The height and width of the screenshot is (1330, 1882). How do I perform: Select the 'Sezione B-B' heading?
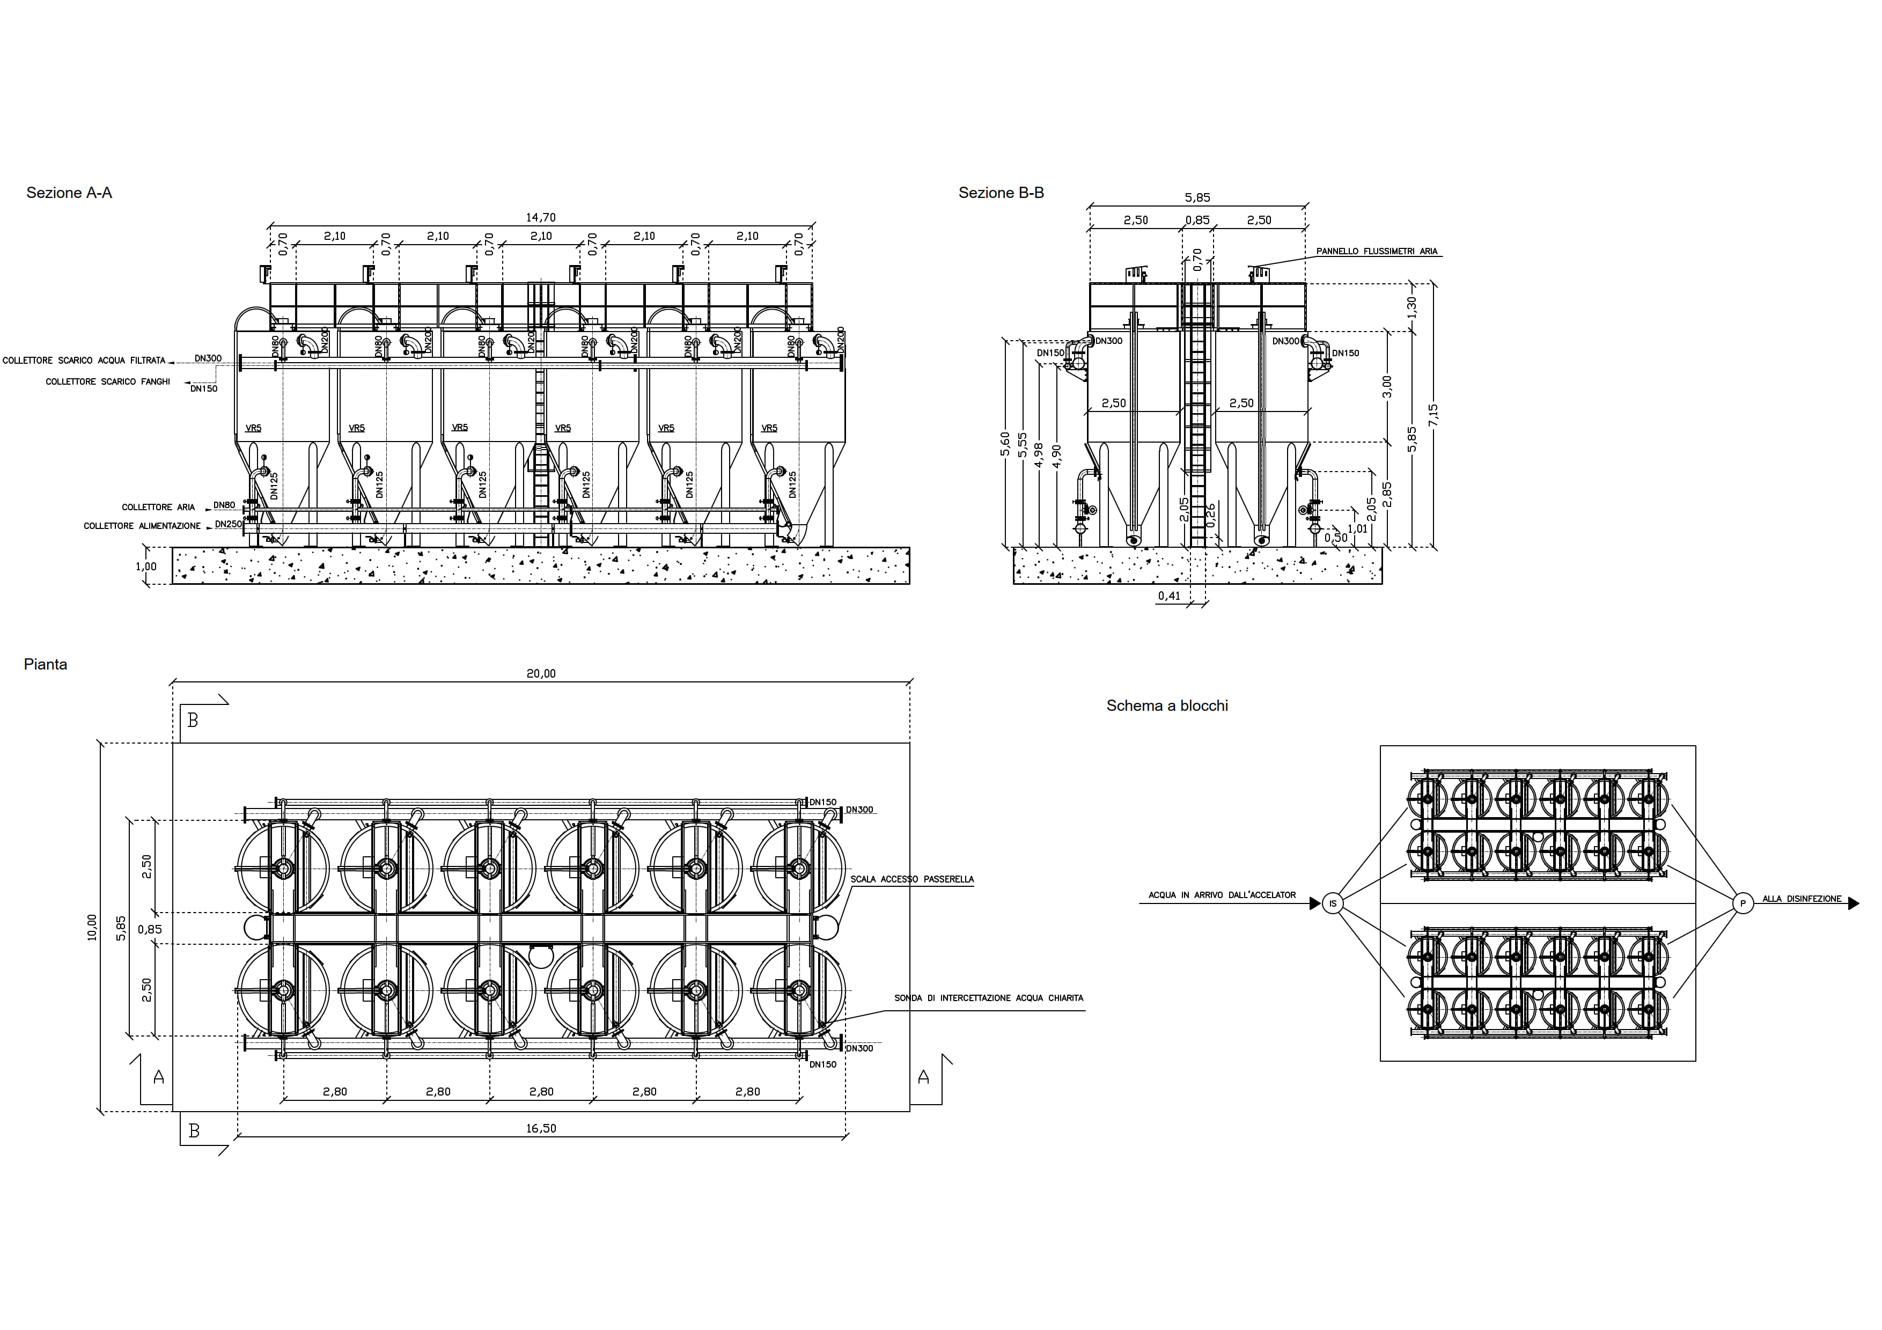[1001, 193]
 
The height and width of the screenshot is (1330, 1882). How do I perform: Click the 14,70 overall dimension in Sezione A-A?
[540, 217]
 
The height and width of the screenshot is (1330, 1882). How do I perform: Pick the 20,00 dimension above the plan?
[540, 674]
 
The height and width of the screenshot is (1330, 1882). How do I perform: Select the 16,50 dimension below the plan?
[540, 1128]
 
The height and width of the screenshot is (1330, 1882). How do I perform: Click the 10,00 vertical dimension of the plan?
[92, 927]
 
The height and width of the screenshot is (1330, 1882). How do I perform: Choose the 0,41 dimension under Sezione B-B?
[1169, 596]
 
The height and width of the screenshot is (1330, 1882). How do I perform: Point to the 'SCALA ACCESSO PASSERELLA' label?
[911, 879]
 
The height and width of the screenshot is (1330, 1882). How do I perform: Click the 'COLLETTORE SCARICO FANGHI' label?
[107, 382]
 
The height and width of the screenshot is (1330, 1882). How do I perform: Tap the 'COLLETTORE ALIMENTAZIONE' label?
[142, 526]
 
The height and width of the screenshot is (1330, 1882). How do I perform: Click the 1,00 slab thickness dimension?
[146, 566]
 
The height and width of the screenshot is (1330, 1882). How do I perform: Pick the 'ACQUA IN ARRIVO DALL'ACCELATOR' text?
[1222, 895]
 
